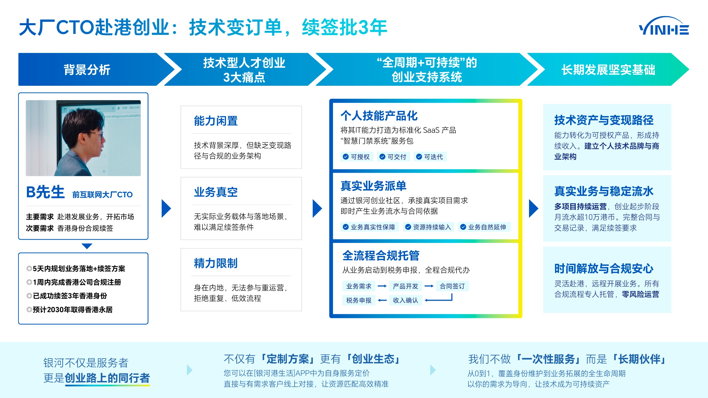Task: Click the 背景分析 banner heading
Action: (87, 70)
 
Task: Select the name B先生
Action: (45, 192)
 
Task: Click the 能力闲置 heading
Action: (216, 121)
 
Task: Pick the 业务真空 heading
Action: (216, 192)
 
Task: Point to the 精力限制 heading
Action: (216, 263)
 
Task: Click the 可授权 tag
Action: (357, 157)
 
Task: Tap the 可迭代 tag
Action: (430, 157)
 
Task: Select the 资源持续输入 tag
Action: (428, 227)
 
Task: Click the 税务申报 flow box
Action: (359, 300)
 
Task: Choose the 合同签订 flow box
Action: (452, 286)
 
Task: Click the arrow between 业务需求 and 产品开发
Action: (382, 286)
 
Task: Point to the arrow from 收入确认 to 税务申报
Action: (382, 300)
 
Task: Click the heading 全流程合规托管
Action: (381, 256)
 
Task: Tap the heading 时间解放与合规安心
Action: (603, 269)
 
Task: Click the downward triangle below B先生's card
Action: (87, 246)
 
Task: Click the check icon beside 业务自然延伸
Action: (463, 227)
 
